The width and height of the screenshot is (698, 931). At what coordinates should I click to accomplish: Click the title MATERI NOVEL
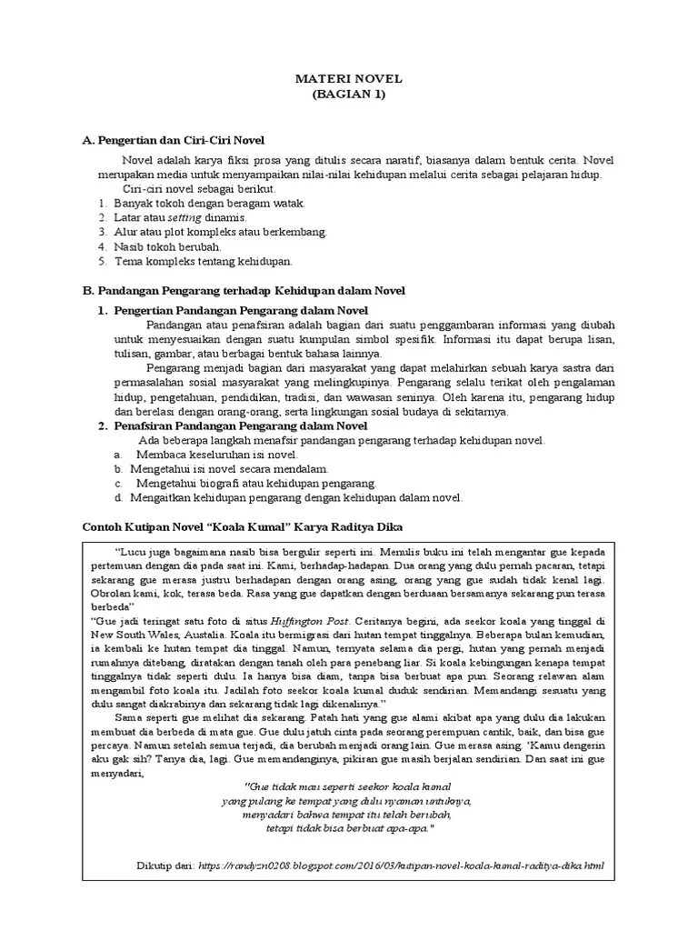tap(349, 79)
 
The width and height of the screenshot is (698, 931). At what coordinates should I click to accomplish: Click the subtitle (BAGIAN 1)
tap(349, 95)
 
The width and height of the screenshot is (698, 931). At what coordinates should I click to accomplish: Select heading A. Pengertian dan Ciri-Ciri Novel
tap(173, 140)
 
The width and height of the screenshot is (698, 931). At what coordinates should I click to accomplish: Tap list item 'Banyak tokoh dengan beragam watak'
tap(209, 203)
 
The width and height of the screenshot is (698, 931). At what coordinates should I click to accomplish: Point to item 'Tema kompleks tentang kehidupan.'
tap(203, 261)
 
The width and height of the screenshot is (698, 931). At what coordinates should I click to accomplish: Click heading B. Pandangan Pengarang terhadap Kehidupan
tap(244, 290)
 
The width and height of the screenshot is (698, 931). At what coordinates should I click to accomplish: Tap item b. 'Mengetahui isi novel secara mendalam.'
tap(227, 468)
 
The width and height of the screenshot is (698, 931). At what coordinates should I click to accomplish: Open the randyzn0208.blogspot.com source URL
tap(400, 866)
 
